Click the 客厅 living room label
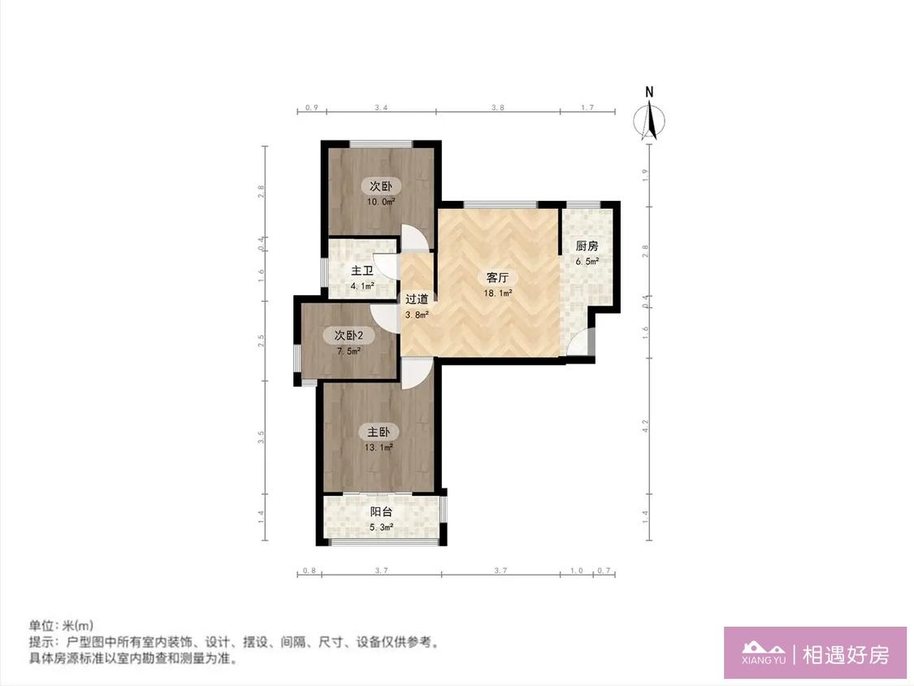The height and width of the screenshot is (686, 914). coord(497,278)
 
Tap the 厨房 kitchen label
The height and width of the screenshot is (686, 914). coord(587,246)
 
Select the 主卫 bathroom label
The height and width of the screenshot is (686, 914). coord(362,271)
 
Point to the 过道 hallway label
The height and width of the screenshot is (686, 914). coord(417,299)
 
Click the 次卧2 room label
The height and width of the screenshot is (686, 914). coord(349,336)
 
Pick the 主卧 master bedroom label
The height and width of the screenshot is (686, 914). coord(379,432)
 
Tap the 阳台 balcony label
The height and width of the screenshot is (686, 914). coord(381,512)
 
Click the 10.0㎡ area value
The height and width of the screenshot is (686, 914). coord(381,202)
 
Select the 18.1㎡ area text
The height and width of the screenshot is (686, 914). coord(498,293)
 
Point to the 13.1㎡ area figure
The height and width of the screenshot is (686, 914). coord(379,448)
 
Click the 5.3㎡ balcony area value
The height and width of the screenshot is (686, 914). coord(381,528)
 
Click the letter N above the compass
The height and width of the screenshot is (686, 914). coord(649,92)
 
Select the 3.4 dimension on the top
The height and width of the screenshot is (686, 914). coord(381,107)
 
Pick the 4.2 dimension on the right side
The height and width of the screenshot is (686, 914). coord(645,426)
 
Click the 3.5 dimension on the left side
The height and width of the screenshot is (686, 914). coord(261,437)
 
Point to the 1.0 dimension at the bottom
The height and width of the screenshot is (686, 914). coord(577,571)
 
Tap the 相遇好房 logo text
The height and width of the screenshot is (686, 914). coord(846,655)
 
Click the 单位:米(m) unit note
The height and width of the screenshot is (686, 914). coord(61,626)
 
